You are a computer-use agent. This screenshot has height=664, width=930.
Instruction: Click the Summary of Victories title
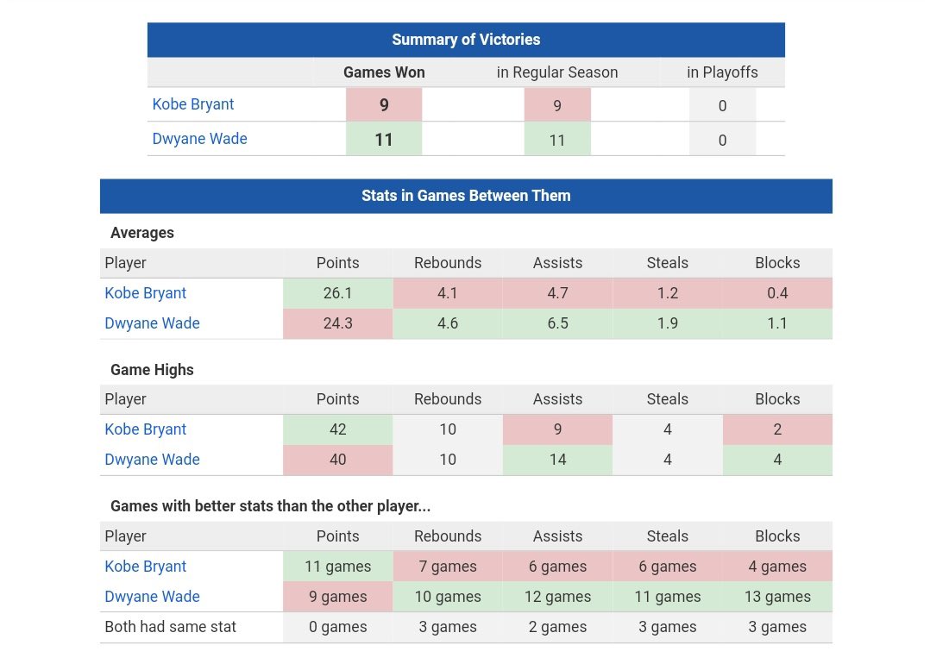[466, 40]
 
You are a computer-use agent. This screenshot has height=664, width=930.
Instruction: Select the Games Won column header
[384, 72]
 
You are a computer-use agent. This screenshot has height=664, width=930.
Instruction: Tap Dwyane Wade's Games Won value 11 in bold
[384, 140]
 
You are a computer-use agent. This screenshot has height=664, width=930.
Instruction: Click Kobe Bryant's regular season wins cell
[557, 105]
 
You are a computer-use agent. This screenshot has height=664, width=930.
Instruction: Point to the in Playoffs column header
[722, 72]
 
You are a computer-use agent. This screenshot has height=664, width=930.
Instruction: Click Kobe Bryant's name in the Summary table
[192, 104]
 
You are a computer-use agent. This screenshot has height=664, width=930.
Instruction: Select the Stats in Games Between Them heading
[466, 196]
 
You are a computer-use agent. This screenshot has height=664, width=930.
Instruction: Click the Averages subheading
[141, 233]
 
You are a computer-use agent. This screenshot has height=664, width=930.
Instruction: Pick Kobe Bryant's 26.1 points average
[337, 293]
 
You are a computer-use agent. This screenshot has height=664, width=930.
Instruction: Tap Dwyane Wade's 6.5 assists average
[557, 323]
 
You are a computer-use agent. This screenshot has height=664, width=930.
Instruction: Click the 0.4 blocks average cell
[777, 293]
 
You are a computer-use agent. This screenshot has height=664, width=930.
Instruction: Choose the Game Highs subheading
[152, 370]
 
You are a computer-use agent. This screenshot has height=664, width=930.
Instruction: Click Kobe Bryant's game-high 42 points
[337, 429]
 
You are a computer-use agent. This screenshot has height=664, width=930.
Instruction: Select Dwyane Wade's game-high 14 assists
[557, 460]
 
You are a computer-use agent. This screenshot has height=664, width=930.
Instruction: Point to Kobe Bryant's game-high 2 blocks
[777, 429]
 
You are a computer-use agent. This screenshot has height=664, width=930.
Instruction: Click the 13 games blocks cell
[777, 597]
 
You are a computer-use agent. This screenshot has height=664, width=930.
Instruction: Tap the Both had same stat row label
[170, 627]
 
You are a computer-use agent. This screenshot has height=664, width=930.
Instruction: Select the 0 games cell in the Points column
[337, 627]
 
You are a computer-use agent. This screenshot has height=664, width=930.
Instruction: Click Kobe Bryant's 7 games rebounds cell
[448, 567]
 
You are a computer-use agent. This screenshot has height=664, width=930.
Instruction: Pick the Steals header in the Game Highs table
[667, 399]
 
